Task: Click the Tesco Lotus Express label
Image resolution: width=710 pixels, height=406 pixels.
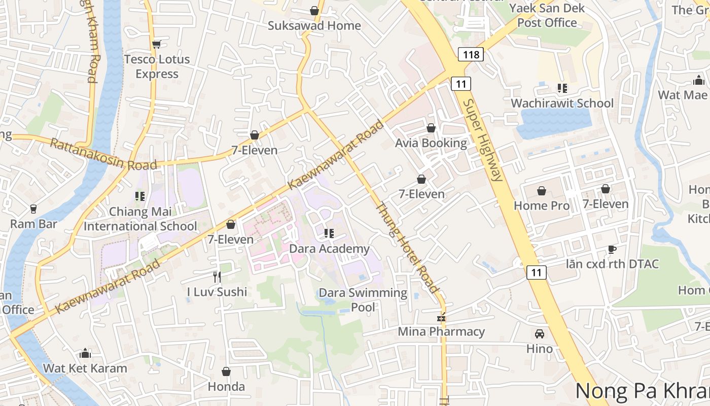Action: [x=157, y=66]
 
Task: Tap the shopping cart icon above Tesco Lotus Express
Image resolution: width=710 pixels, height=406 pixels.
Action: [x=157, y=44]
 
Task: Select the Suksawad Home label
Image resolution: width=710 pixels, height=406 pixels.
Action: [x=314, y=25]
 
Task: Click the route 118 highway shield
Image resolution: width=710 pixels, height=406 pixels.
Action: [x=471, y=54]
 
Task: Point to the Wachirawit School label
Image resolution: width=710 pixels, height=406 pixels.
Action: [x=562, y=103]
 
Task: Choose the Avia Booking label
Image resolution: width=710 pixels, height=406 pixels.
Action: [x=431, y=143]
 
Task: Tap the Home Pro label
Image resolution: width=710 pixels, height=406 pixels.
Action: [x=542, y=206]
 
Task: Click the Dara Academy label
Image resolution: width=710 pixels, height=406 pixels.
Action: [x=329, y=249]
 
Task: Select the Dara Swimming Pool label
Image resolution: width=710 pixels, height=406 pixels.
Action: [x=363, y=300]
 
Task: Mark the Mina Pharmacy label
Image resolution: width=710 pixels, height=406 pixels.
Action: [x=441, y=331]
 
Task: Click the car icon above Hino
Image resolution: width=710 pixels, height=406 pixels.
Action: [x=540, y=334]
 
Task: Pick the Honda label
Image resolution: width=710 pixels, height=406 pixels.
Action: [x=226, y=386]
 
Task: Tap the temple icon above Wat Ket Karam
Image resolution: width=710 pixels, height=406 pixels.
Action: [x=85, y=353]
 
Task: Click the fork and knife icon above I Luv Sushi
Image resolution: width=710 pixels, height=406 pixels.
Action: [x=217, y=277]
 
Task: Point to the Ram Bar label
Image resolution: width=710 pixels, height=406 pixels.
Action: [x=33, y=224]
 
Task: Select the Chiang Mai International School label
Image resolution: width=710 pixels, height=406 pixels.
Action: [x=140, y=219]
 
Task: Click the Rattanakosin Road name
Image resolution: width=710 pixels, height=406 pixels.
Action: [x=103, y=154]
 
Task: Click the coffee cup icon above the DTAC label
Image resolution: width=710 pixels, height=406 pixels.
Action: [x=612, y=249]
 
